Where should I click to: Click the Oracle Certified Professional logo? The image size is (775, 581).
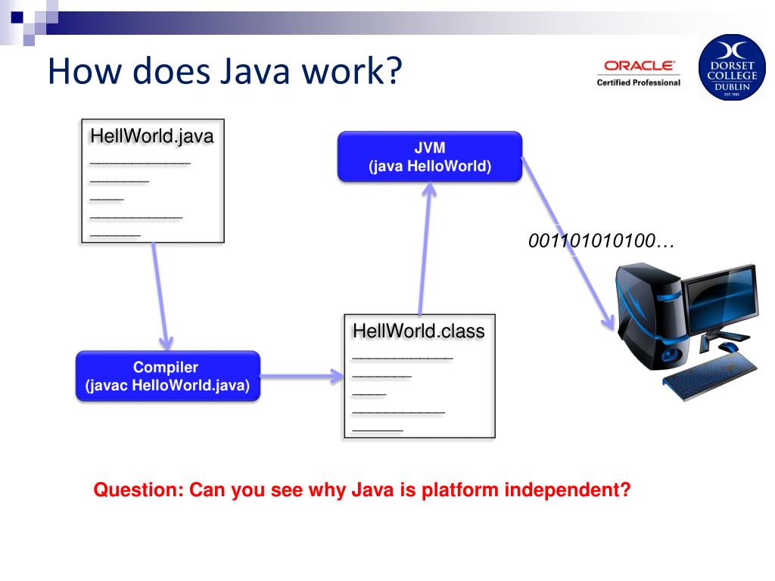(x=638, y=73)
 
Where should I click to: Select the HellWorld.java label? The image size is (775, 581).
(x=151, y=137)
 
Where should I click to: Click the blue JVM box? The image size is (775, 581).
(x=429, y=157)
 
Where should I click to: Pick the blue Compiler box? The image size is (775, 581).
(x=167, y=376)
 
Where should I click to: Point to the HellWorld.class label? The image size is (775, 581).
(x=419, y=331)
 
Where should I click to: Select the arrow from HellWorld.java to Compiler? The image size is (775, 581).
(x=160, y=295)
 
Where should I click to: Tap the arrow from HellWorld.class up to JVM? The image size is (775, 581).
(x=424, y=250)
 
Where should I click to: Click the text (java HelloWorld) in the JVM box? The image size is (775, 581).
(x=429, y=166)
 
